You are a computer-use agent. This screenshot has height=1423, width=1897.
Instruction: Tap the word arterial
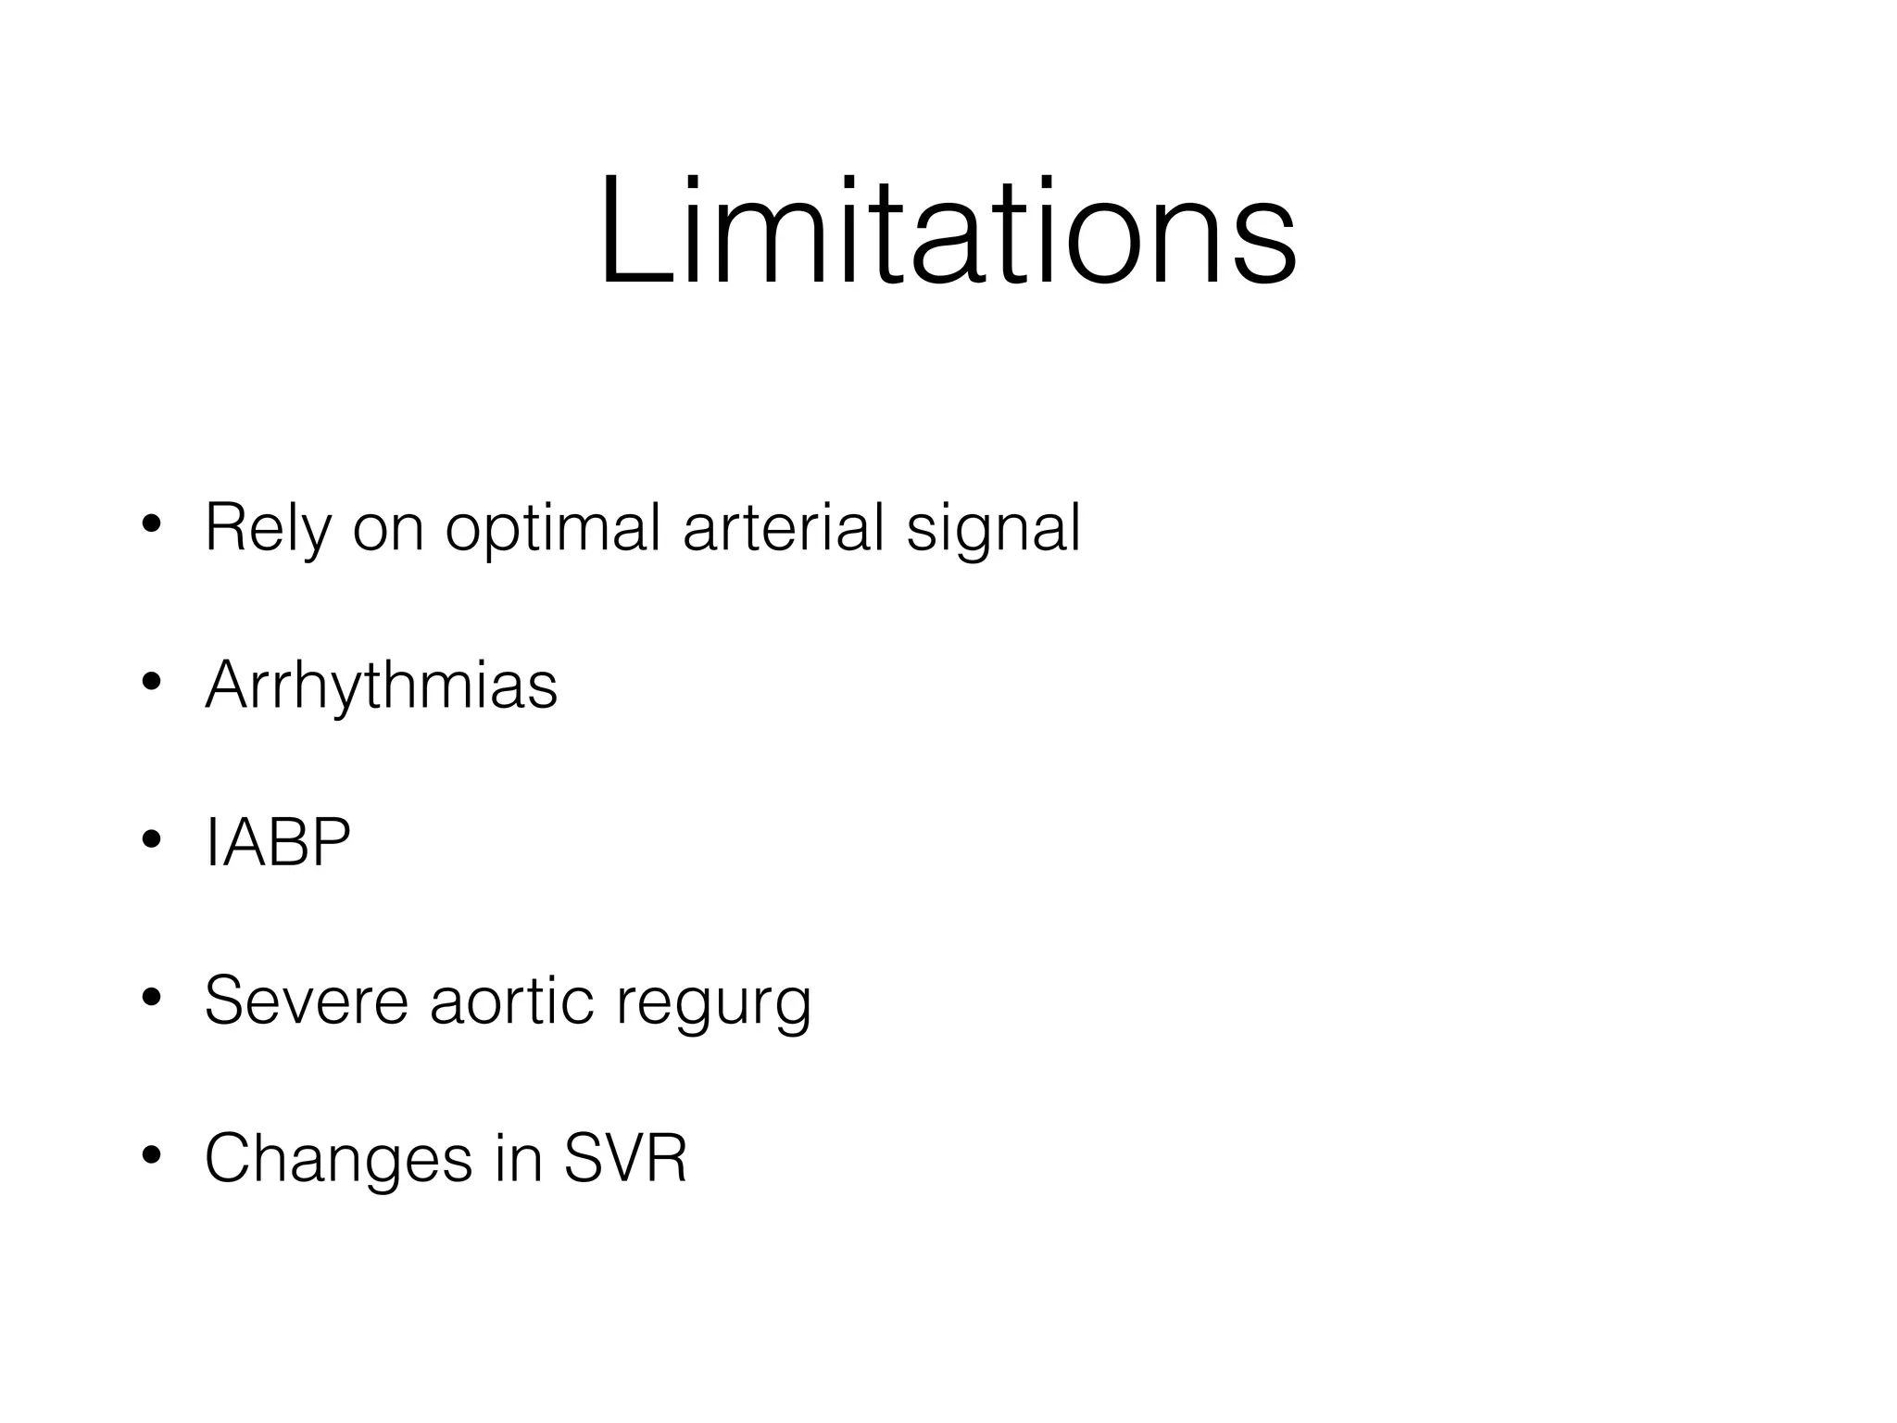(x=784, y=528)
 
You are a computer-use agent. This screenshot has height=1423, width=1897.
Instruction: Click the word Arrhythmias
(x=382, y=686)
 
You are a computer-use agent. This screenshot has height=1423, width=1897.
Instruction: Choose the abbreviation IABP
(x=278, y=843)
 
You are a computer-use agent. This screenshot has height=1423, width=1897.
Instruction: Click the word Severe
(x=307, y=1001)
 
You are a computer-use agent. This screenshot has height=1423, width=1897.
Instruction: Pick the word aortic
(x=511, y=1001)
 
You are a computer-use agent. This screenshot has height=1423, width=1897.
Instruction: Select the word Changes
(x=339, y=1159)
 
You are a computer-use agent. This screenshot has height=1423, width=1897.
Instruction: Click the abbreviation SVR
(x=625, y=1158)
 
